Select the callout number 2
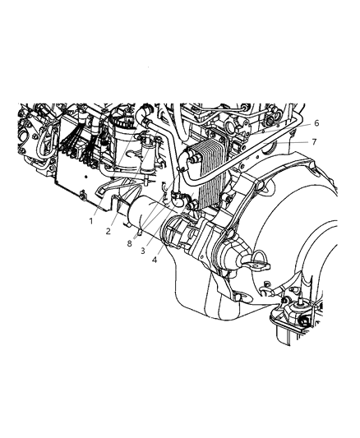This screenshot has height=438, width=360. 108,231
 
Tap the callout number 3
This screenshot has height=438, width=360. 143,250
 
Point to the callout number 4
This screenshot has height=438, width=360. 155,260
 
